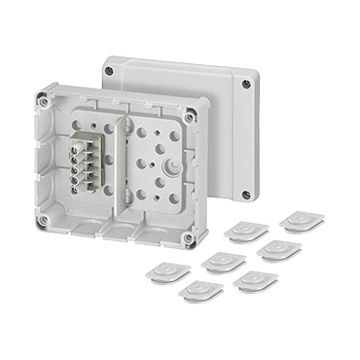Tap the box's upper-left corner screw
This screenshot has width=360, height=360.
tap(42, 98)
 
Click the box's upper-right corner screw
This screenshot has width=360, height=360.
tap(190, 117)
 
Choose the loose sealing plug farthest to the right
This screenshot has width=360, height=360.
tap(301, 221)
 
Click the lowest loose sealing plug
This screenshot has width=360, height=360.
tap(202, 290)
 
